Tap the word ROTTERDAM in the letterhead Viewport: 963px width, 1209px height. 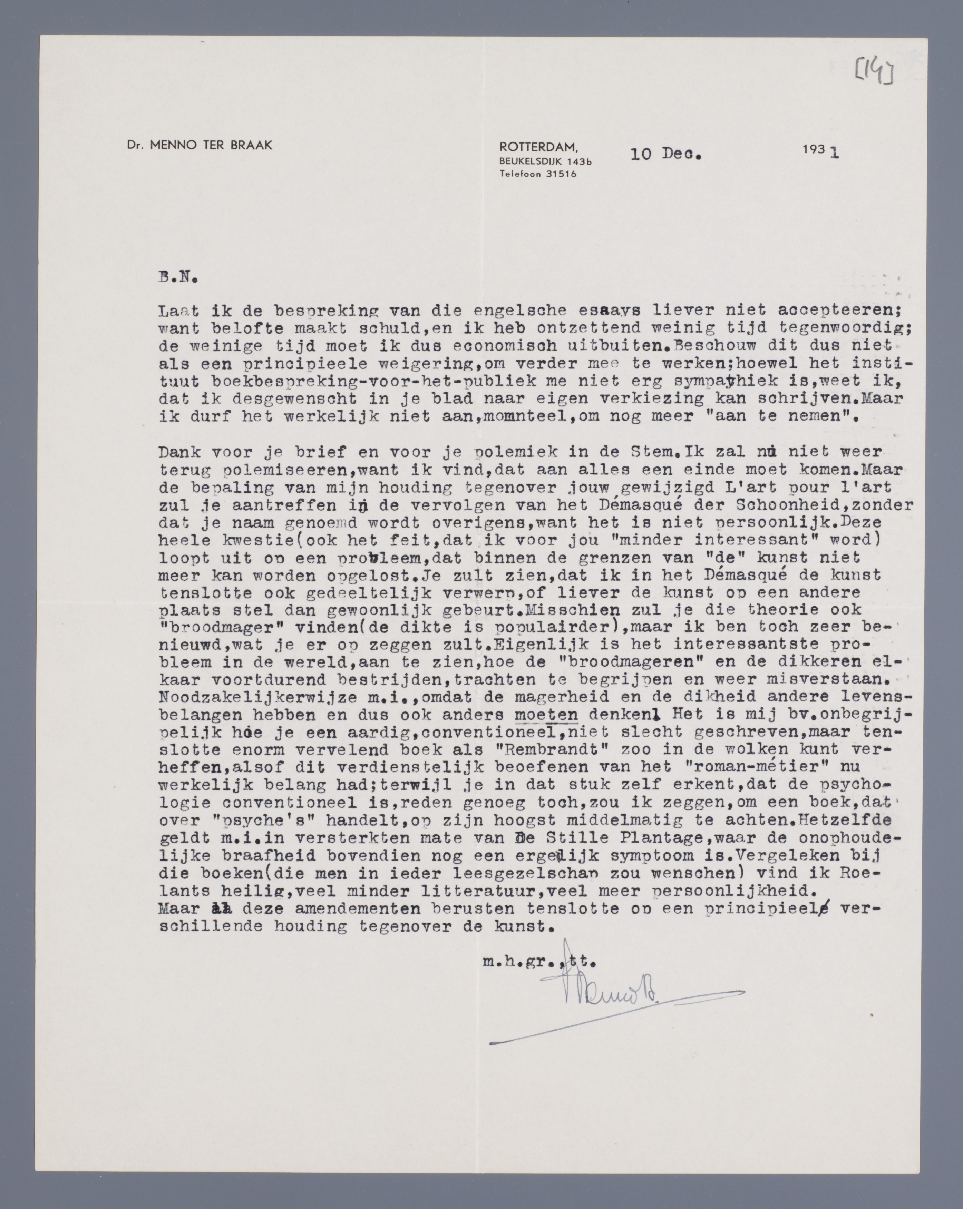538,147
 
